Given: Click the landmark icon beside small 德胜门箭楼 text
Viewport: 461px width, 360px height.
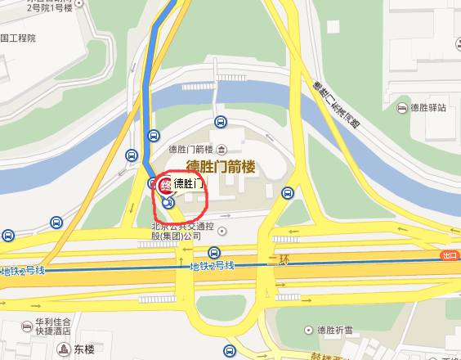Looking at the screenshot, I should pyautogui.click(x=223, y=149).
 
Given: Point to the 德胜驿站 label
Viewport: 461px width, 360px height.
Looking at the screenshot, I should pyautogui.click(x=430, y=108).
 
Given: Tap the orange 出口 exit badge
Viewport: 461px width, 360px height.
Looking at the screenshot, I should pyautogui.click(x=449, y=255).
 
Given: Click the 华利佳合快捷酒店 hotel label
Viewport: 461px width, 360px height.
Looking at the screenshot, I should pyautogui.click(x=49, y=327).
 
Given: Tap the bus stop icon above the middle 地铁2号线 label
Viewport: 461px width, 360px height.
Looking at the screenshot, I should pyautogui.click(x=214, y=252).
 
